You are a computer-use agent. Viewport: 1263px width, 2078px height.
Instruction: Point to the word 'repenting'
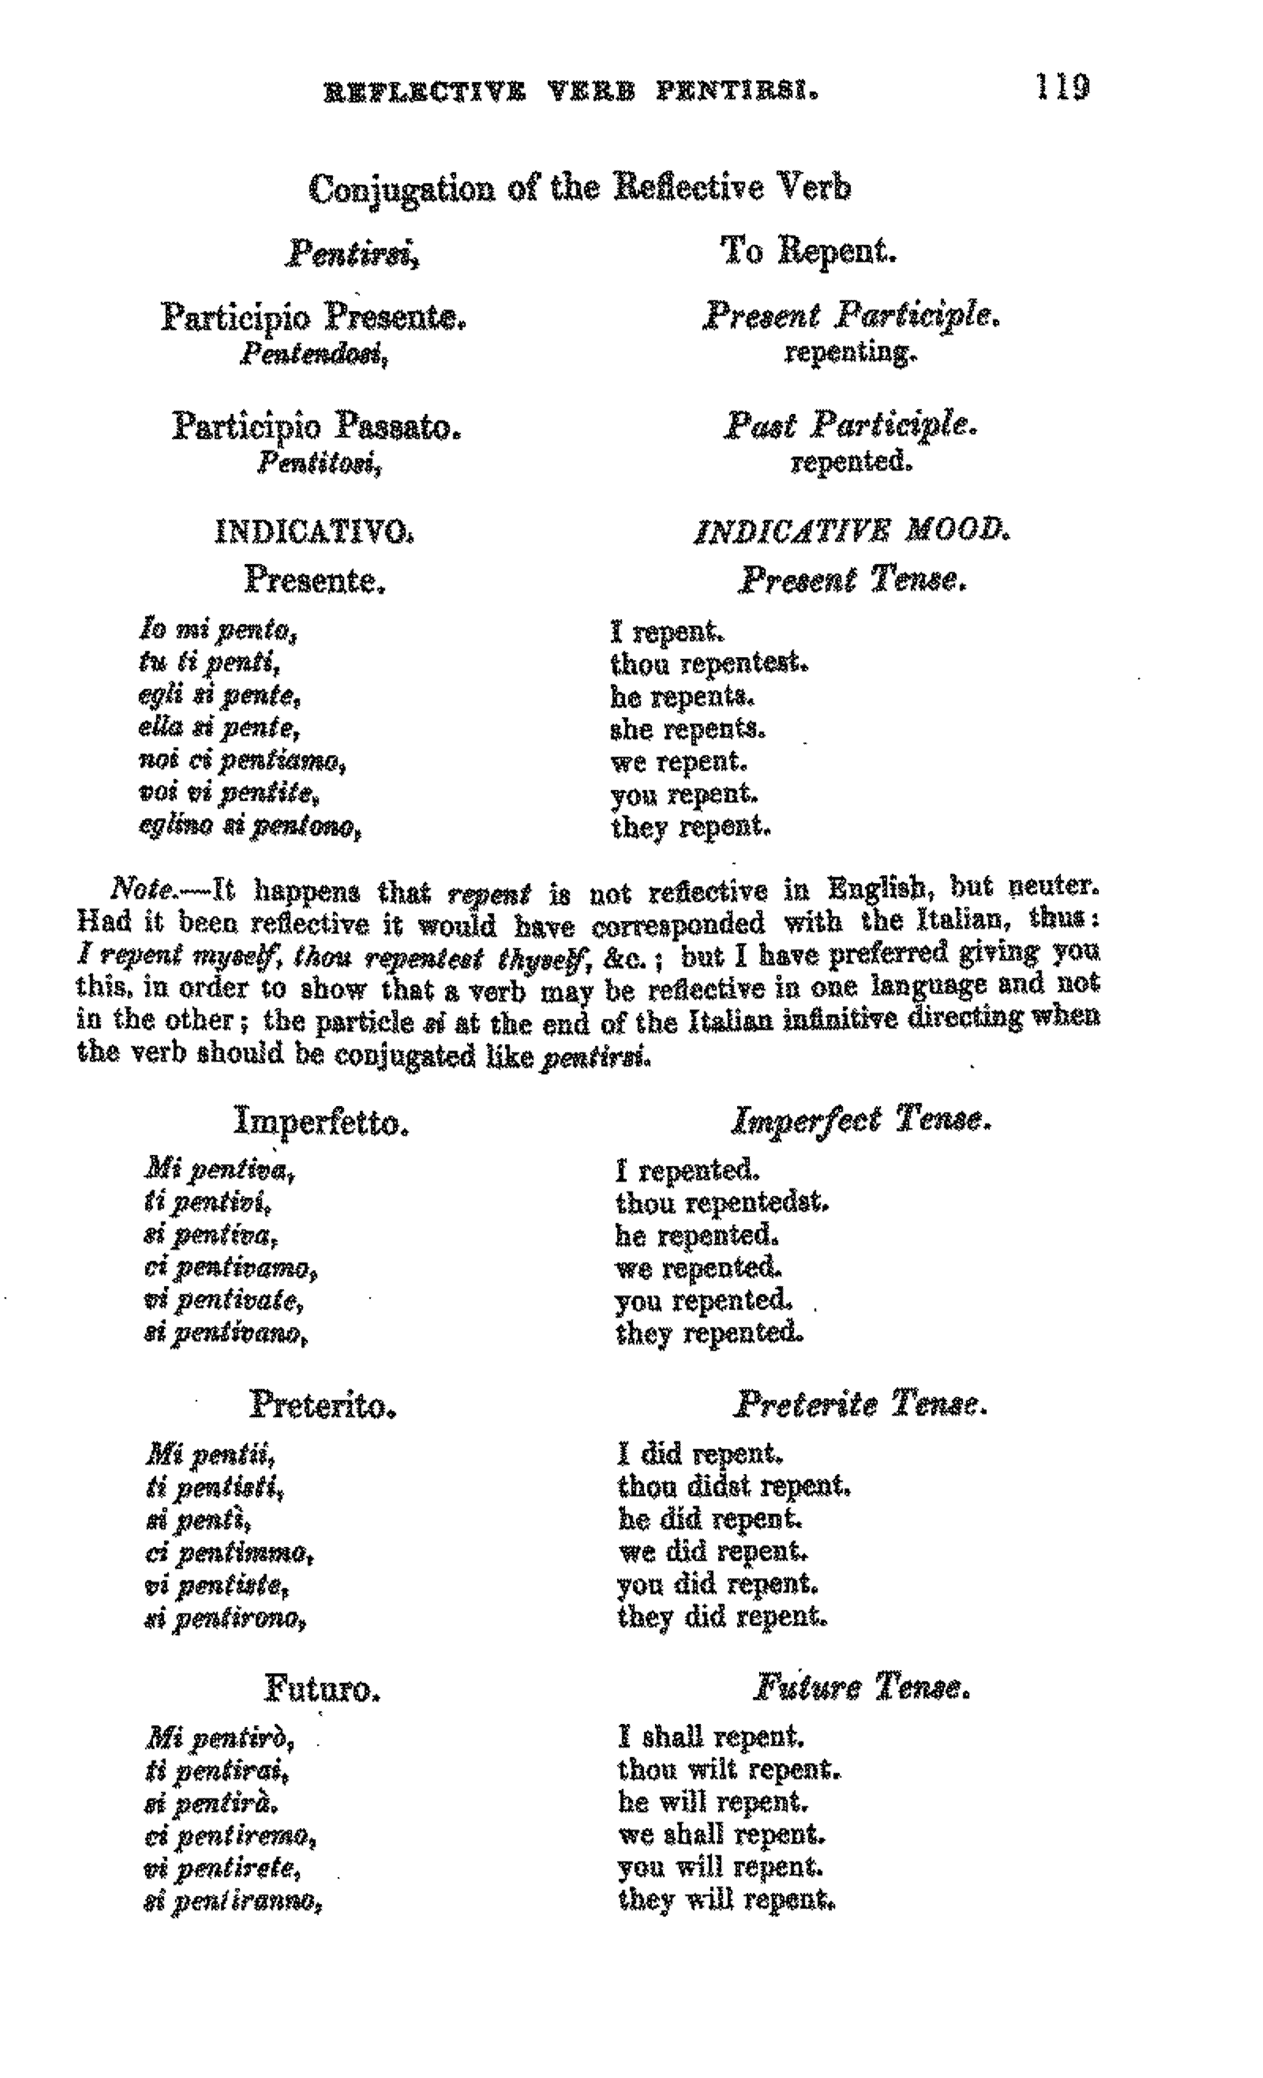click(x=850, y=353)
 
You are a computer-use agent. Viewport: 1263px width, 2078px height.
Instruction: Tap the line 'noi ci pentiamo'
click(x=243, y=761)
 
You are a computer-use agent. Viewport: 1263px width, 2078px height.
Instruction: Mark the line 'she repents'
click(x=687, y=729)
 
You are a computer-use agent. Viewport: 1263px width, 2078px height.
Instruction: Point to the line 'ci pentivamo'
click(x=231, y=1268)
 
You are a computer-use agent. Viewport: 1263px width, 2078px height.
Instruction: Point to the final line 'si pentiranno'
click(x=234, y=1902)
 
